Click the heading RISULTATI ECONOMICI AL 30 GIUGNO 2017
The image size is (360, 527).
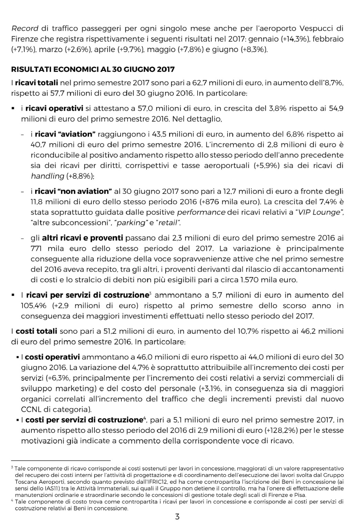coord(93,69)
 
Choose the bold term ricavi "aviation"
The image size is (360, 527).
coord(65,134)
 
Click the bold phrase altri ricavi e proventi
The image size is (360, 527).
coord(82,238)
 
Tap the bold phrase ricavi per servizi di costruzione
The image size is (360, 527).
coord(87,295)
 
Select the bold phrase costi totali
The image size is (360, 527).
coord(36,331)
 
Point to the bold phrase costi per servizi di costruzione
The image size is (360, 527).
coord(84,420)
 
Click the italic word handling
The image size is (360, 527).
coord(47,176)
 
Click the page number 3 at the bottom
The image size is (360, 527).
coord(177,516)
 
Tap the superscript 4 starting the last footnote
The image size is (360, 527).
coord(12,500)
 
